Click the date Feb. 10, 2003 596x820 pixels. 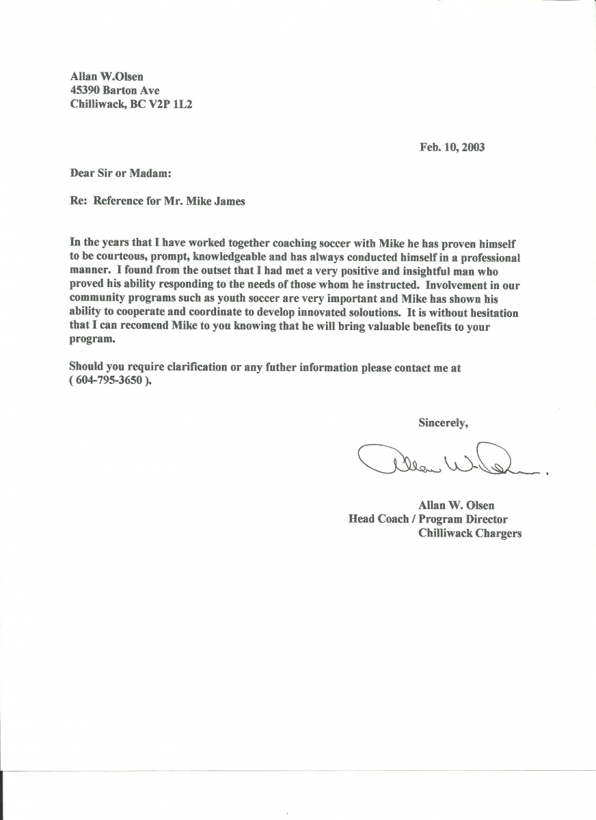452,147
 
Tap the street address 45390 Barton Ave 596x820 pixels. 115,90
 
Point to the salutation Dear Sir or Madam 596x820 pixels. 116,174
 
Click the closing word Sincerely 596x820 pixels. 443,423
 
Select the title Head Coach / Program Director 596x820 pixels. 428,519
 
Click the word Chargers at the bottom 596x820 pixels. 496,533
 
